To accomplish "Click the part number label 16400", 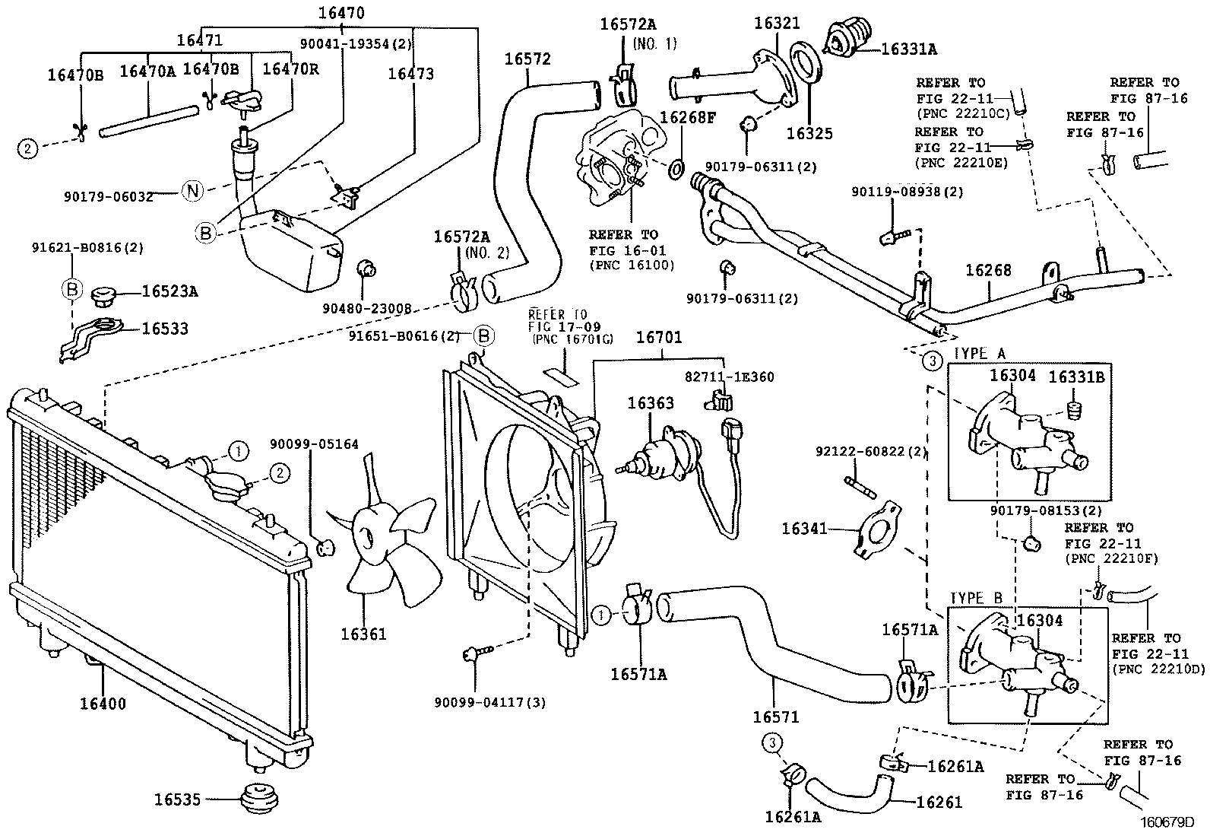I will [x=103, y=704].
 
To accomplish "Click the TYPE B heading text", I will [x=979, y=597].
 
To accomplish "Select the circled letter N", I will [x=192, y=191].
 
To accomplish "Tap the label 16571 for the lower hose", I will [x=775, y=717].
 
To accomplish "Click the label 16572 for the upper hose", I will [x=527, y=59].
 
